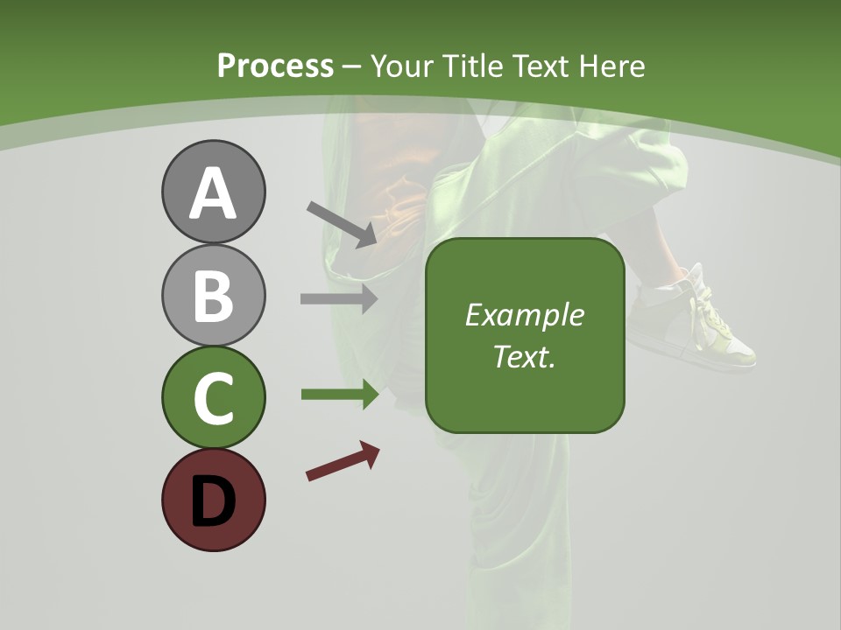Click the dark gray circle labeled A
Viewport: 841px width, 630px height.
pyautogui.click(x=213, y=192)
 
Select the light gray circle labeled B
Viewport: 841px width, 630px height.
pyautogui.click(x=213, y=295)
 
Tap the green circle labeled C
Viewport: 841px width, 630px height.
pyautogui.click(x=213, y=397)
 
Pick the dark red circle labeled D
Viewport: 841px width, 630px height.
pyautogui.click(x=213, y=500)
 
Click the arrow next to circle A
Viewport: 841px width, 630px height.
pyautogui.click(x=342, y=224)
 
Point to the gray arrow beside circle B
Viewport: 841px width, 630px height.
pyautogui.click(x=339, y=298)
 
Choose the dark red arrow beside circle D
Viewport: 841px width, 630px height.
pyautogui.click(x=343, y=461)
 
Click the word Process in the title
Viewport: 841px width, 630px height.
pyautogui.click(x=275, y=66)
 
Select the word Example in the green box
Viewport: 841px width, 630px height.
pyautogui.click(x=524, y=315)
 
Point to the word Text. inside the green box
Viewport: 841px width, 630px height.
pyautogui.click(x=524, y=357)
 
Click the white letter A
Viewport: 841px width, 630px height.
pyautogui.click(x=213, y=194)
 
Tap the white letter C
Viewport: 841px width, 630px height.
pyautogui.click(x=213, y=398)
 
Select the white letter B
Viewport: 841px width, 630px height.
pyautogui.click(x=213, y=296)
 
